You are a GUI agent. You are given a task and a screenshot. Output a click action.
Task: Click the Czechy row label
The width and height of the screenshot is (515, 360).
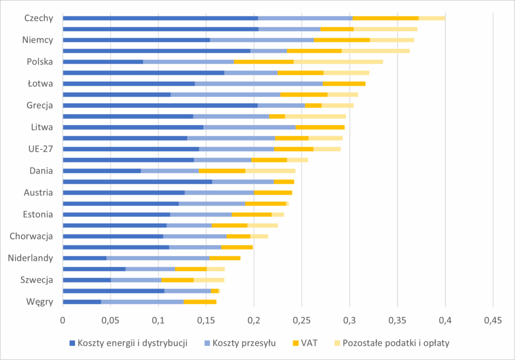(39, 18)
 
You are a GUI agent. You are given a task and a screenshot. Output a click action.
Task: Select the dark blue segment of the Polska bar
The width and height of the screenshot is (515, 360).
(103, 62)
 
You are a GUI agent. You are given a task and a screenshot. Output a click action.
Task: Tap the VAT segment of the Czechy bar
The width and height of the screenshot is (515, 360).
(386, 18)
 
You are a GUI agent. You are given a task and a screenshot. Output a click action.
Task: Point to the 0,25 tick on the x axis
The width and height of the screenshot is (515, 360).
(302, 320)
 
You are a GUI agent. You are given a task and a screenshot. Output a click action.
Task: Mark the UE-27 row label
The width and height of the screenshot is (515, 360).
(41, 149)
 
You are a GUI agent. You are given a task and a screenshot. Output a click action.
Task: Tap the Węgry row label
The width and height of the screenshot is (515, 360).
(39, 302)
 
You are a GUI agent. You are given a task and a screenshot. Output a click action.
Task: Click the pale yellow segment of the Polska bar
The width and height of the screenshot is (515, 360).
(338, 62)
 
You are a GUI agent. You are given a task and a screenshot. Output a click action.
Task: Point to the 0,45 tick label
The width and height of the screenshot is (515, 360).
(493, 320)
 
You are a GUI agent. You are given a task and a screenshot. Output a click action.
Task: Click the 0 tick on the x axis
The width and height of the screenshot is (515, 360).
(63, 320)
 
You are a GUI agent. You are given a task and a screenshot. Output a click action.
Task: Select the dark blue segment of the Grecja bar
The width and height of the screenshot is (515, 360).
(160, 106)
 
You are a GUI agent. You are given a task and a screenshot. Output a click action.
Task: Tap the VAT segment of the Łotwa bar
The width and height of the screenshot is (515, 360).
(344, 83)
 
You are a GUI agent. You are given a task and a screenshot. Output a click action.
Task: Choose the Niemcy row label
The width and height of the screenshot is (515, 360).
(38, 40)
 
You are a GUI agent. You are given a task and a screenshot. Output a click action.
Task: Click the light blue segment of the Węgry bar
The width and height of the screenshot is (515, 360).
(142, 302)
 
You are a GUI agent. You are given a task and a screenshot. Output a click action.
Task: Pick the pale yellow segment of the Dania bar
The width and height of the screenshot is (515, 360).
(270, 171)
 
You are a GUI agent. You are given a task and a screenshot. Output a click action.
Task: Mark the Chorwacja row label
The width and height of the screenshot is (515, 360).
(32, 236)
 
